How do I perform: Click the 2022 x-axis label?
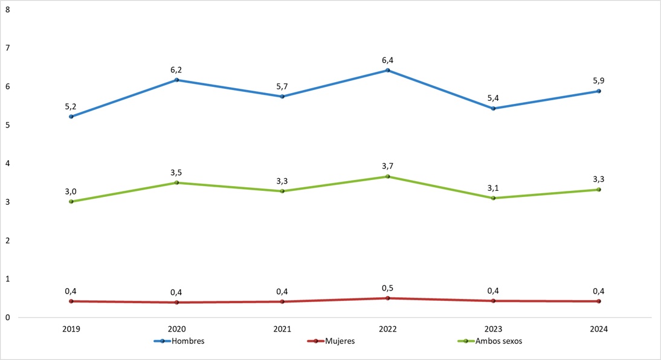[x=388, y=329]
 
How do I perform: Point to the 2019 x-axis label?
[x=71, y=329]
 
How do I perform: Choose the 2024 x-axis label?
[x=599, y=329]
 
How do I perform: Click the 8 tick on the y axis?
[x=7, y=9]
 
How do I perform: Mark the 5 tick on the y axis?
[x=7, y=125]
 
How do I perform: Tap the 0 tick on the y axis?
[x=7, y=318]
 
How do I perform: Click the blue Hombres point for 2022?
[x=388, y=70]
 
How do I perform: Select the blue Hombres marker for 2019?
[x=71, y=117]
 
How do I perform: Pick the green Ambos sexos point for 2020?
[x=176, y=182]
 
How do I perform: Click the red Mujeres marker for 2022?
[x=388, y=298]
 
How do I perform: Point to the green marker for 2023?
[x=493, y=198]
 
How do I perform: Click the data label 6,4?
[x=388, y=60]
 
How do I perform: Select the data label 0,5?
[x=388, y=288]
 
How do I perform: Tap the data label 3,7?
[x=388, y=166]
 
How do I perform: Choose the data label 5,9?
[x=599, y=80]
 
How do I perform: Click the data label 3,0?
[x=71, y=191]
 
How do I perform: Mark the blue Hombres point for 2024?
[x=599, y=91]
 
